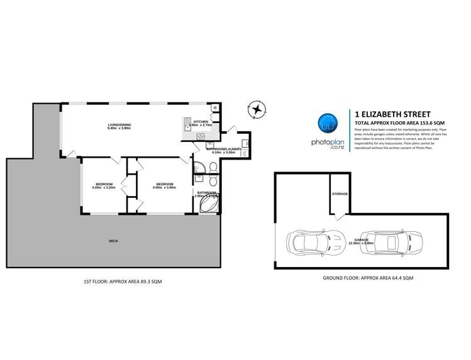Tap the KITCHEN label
(x=201, y=121)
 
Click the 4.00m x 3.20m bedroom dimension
(x=104, y=187)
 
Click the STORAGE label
(x=340, y=194)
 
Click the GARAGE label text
(x=361, y=239)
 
